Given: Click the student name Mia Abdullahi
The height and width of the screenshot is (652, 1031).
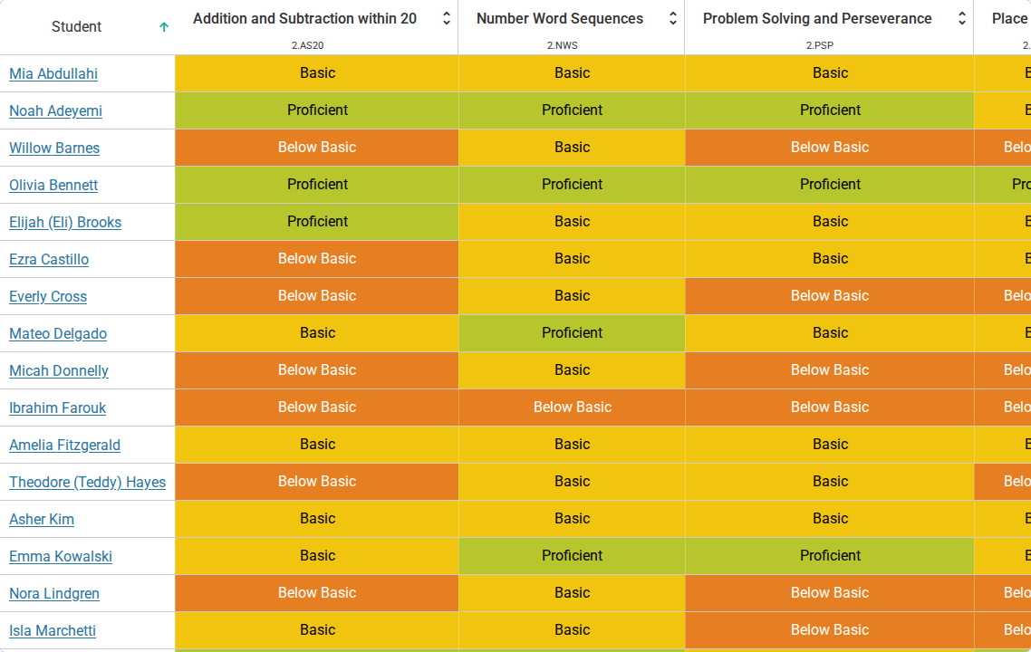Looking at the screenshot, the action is (x=53, y=73).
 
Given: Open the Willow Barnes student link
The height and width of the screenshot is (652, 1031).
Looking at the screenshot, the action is (x=54, y=148).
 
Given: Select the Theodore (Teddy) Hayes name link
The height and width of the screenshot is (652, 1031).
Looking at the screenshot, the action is (x=88, y=482).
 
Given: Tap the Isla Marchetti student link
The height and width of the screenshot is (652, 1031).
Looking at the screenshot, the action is (x=53, y=630).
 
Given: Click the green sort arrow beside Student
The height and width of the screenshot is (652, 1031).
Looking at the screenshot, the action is (x=164, y=27).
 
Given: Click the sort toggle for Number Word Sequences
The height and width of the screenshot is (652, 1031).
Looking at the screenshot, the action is (x=672, y=18).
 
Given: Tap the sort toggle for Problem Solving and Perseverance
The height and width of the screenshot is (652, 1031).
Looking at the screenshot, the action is (x=962, y=18).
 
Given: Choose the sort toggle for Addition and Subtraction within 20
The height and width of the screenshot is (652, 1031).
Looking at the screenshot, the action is (x=447, y=18).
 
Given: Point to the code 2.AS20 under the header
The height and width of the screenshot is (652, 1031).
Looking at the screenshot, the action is (x=308, y=45).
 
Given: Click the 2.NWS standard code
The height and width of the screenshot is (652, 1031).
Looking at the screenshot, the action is (x=563, y=45).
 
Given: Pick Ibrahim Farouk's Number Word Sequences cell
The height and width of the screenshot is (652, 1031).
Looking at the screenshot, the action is (x=572, y=407).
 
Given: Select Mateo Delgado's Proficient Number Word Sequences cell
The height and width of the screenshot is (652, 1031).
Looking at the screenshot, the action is (x=572, y=333).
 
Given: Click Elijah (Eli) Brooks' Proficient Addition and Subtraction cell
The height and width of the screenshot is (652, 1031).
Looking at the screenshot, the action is (x=317, y=222).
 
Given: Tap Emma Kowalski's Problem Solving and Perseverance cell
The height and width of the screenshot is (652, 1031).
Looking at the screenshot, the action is (x=830, y=556).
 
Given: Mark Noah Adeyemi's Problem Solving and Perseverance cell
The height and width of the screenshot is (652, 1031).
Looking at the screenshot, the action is (x=830, y=110).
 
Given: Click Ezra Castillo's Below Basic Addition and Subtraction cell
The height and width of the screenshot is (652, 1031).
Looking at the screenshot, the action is (x=317, y=259).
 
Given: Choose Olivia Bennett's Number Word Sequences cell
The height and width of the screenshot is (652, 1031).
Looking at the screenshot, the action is (x=572, y=185).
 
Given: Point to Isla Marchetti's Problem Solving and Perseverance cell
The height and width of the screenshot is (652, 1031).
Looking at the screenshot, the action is (x=830, y=630).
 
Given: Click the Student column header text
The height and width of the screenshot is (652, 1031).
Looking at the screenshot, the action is (x=76, y=27).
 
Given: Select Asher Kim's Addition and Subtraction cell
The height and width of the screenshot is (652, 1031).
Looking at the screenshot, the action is (x=317, y=519).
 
